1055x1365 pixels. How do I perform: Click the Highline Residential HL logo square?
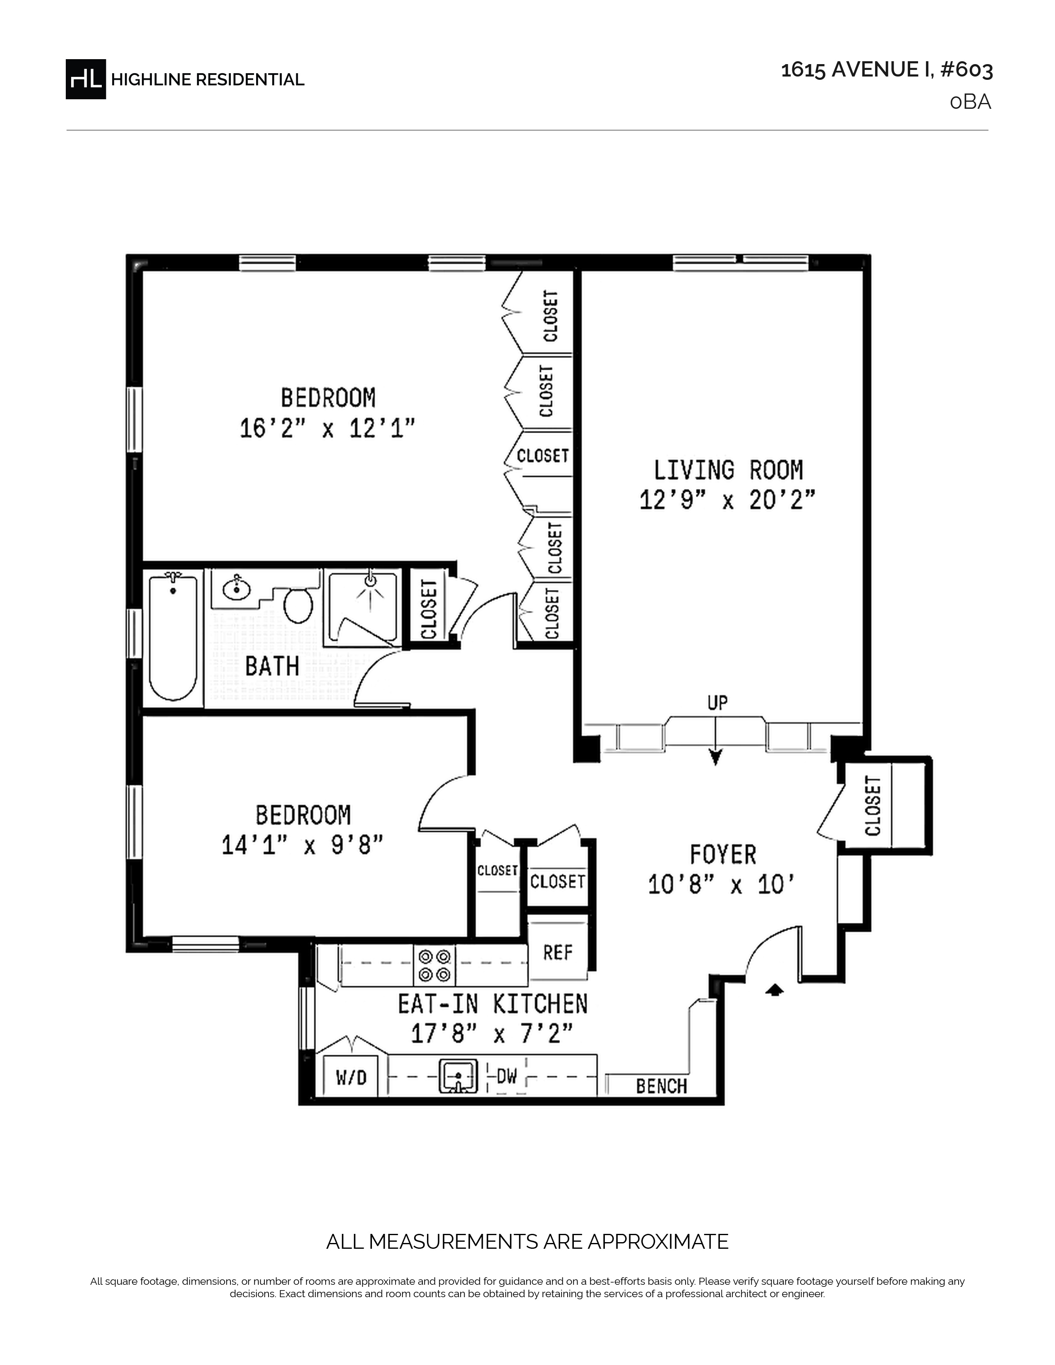[86, 79]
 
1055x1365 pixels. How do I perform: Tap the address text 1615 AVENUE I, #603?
[887, 70]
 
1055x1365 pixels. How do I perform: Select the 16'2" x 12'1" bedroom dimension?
[328, 429]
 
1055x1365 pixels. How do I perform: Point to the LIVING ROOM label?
[728, 470]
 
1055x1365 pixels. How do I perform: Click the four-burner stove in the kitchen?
[434, 965]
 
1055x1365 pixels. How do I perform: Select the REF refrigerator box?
[558, 953]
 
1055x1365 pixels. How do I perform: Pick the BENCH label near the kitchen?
[661, 1086]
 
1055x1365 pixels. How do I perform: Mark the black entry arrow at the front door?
[774, 989]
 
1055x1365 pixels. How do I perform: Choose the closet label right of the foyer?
[873, 806]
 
